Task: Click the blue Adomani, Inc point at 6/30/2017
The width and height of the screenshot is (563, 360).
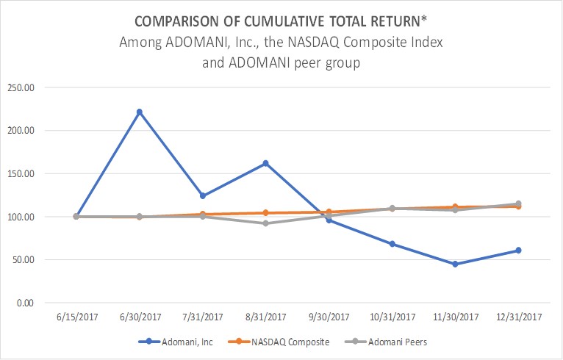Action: [x=139, y=112]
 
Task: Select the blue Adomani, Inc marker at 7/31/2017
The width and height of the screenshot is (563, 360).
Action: [x=202, y=195]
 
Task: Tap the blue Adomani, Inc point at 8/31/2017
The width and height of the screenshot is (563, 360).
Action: [x=265, y=163]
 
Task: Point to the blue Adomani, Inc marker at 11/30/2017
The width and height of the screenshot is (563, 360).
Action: [x=455, y=264]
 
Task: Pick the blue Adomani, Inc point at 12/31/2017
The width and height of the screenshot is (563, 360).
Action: [x=518, y=251]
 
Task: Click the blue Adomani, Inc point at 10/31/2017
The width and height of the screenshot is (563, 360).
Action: [x=392, y=244]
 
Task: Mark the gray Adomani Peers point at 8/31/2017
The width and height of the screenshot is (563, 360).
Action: [x=265, y=223]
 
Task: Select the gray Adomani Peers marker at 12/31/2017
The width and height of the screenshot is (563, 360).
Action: [x=518, y=204]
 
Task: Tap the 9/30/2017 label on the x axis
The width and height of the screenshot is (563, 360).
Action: [x=329, y=317]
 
